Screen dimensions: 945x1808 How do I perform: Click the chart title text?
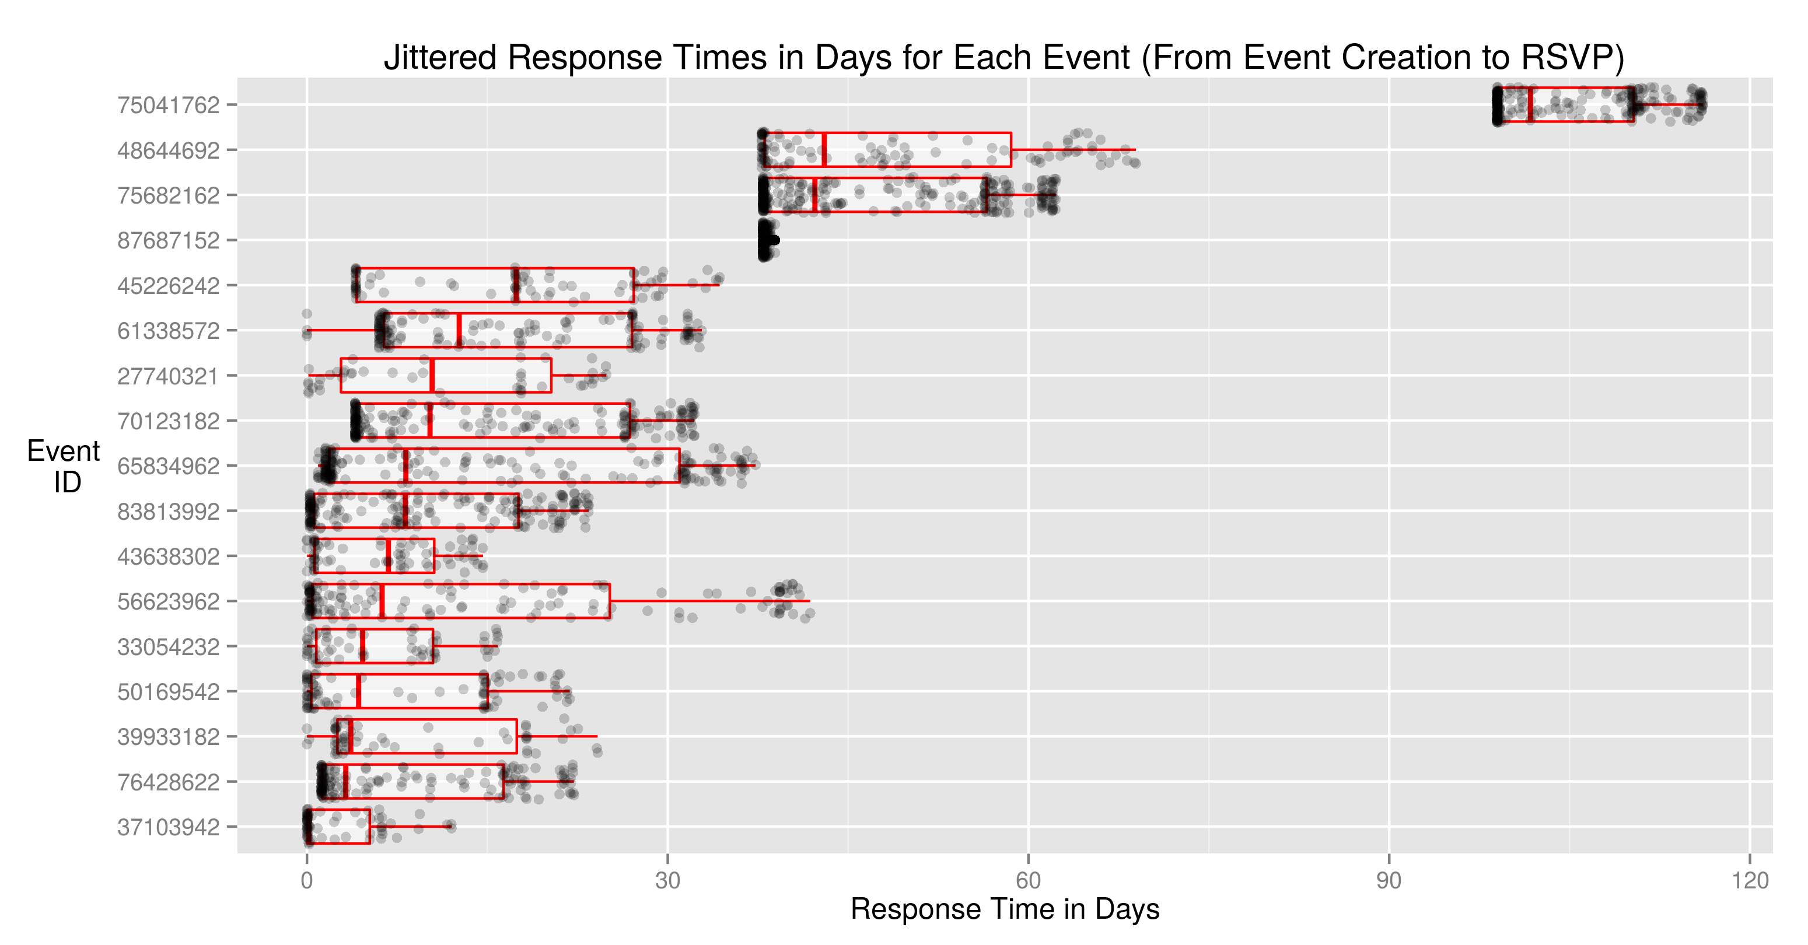pyautogui.click(x=1003, y=58)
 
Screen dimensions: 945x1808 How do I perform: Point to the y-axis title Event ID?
pyautogui.click(x=64, y=466)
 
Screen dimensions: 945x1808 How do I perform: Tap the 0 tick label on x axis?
pyautogui.click(x=307, y=880)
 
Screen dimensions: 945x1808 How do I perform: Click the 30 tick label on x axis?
pyautogui.click(x=667, y=880)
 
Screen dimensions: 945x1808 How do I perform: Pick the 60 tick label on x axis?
pyautogui.click(x=1028, y=880)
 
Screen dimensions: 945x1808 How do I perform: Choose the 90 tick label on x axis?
pyautogui.click(x=1389, y=880)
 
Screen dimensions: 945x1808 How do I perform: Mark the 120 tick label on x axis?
pyautogui.click(x=1750, y=880)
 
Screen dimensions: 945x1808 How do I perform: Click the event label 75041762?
pyautogui.click(x=169, y=105)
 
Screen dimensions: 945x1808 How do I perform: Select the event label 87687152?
pyautogui.click(x=169, y=241)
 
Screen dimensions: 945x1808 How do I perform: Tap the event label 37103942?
pyautogui.click(x=169, y=827)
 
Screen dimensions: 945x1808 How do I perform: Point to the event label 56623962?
pyautogui.click(x=169, y=601)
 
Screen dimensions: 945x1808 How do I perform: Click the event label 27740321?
pyautogui.click(x=169, y=376)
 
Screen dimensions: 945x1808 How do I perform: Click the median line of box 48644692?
pyautogui.click(x=824, y=149)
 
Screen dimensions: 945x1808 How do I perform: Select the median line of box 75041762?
pyautogui.click(x=1530, y=104)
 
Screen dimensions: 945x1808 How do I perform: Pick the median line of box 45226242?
pyautogui.click(x=516, y=285)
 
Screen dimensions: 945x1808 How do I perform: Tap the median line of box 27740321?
pyautogui.click(x=432, y=375)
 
